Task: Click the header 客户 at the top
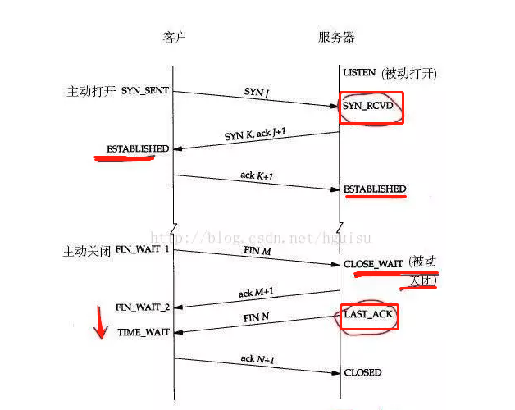pos(175,38)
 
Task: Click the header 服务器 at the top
pos(336,38)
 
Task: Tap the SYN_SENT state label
pos(145,90)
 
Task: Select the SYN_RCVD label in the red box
pos(369,106)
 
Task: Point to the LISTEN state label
pos(359,73)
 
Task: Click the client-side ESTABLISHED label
pos(138,149)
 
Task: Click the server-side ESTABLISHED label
pos(374,189)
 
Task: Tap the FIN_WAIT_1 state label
pos(142,248)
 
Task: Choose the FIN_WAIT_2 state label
pos(143,307)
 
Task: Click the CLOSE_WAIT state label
pos(373,264)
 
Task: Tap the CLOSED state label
pos(362,372)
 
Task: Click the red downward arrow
pos(100,322)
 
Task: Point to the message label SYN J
pos(257,93)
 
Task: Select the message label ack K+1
pos(254,175)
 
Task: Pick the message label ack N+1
pos(255,359)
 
